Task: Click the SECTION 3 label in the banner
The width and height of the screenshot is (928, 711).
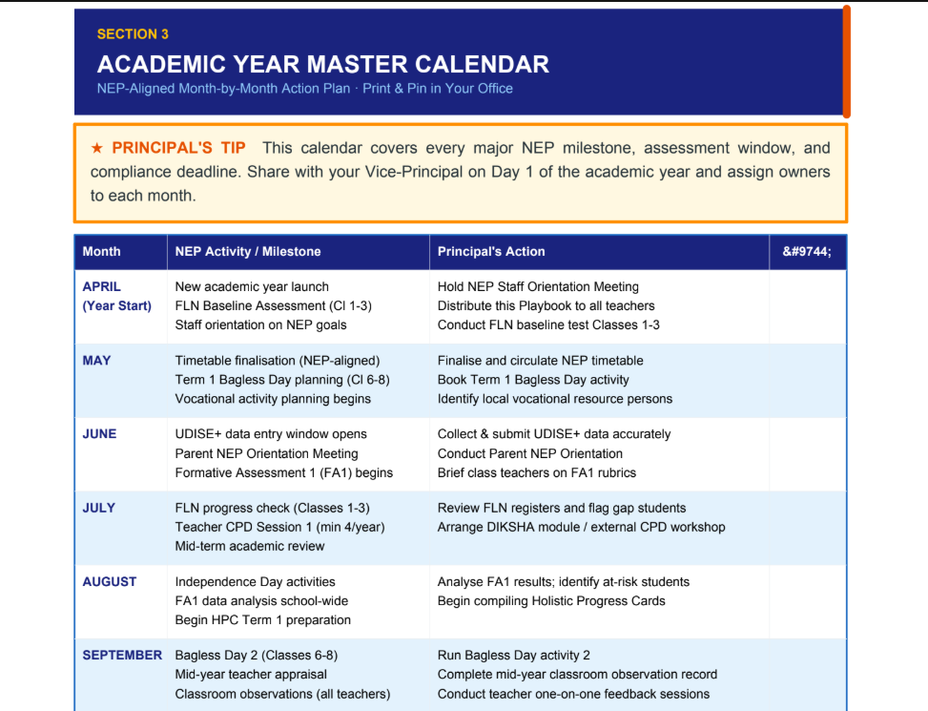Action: coord(133,34)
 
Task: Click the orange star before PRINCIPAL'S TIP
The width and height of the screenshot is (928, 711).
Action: coord(97,147)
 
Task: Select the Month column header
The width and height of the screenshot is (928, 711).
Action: coord(101,252)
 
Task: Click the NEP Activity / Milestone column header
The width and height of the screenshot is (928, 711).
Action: coord(248,252)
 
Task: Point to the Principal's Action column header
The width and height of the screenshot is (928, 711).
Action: coord(491,252)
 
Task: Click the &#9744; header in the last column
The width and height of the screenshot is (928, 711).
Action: coord(807,252)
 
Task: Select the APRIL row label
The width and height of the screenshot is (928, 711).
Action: coord(102,286)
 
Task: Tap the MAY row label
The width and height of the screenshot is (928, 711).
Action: coord(96,361)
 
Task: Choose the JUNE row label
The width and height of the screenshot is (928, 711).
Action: coord(99,434)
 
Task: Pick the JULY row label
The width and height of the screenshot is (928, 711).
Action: coord(99,508)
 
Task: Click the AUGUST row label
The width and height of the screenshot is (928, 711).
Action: coord(110,582)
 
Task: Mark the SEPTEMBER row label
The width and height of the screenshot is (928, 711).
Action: coord(122,656)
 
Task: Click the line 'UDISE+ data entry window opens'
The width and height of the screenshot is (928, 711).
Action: coord(271,434)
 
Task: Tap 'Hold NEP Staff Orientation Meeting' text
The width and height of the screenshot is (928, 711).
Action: coord(538,286)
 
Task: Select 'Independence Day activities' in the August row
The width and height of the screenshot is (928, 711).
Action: coord(255,582)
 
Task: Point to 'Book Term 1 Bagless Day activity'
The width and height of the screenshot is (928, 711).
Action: coord(533,380)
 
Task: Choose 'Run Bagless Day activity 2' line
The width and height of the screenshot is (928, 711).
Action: coord(514,656)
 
